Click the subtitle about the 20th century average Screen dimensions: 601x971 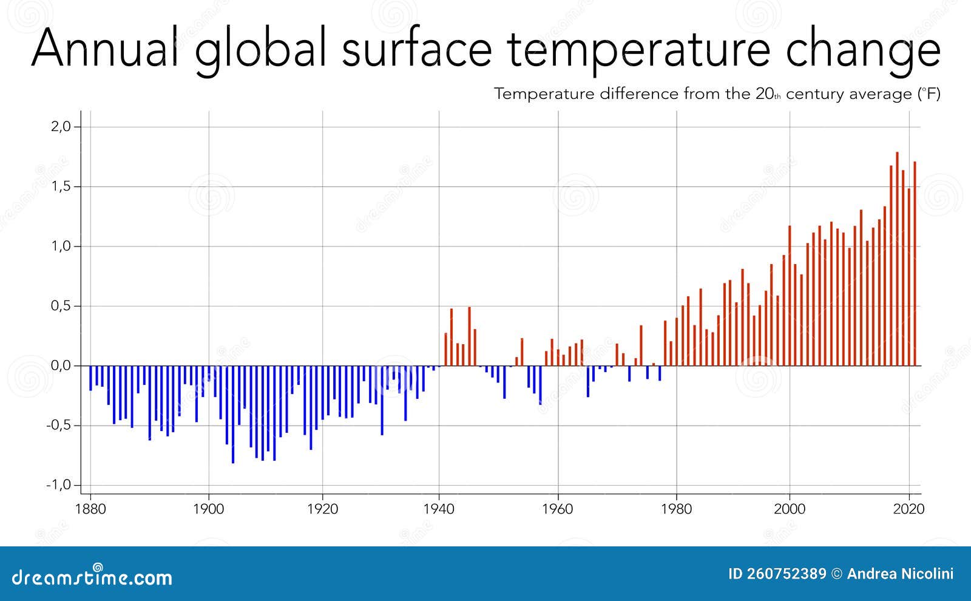click(x=717, y=94)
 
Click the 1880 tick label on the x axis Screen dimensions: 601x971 click(x=90, y=509)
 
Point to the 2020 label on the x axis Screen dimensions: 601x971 click(x=908, y=509)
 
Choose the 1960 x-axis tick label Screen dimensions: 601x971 click(x=557, y=509)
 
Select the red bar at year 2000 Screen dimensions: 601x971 click(x=790, y=296)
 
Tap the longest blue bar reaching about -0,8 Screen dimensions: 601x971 click(x=233, y=414)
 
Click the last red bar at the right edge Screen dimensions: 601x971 click(x=915, y=263)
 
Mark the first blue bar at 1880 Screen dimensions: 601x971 click(x=90, y=378)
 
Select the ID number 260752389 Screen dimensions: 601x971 click(x=777, y=574)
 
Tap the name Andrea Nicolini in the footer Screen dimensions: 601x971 click(x=900, y=574)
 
